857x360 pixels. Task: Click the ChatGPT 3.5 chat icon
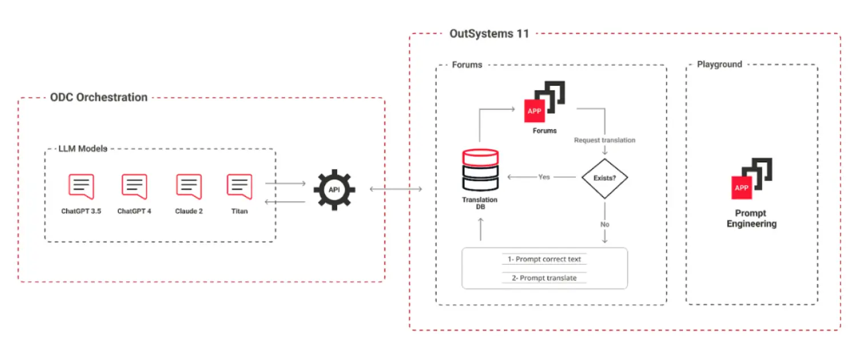(x=81, y=186)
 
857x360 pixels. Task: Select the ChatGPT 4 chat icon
(x=134, y=186)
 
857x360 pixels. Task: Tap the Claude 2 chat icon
(x=189, y=186)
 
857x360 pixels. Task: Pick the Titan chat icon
(x=239, y=186)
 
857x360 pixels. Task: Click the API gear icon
(x=334, y=189)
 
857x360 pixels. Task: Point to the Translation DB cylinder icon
(x=480, y=171)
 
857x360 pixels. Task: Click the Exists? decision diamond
(x=604, y=178)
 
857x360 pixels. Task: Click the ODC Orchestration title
(x=99, y=97)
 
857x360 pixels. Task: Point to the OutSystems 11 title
(x=489, y=34)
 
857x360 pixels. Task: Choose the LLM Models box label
(x=83, y=149)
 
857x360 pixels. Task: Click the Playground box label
(x=719, y=65)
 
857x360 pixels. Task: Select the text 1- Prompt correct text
(x=544, y=259)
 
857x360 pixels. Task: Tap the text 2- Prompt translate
(x=544, y=278)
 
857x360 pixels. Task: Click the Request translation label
(x=604, y=140)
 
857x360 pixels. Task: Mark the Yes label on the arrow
(x=544, y=177)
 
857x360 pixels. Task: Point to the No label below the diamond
(x=604, y=225)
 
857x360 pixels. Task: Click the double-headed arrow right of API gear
(x=396, y=189)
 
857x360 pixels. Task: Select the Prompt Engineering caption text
(x=751, y=218)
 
